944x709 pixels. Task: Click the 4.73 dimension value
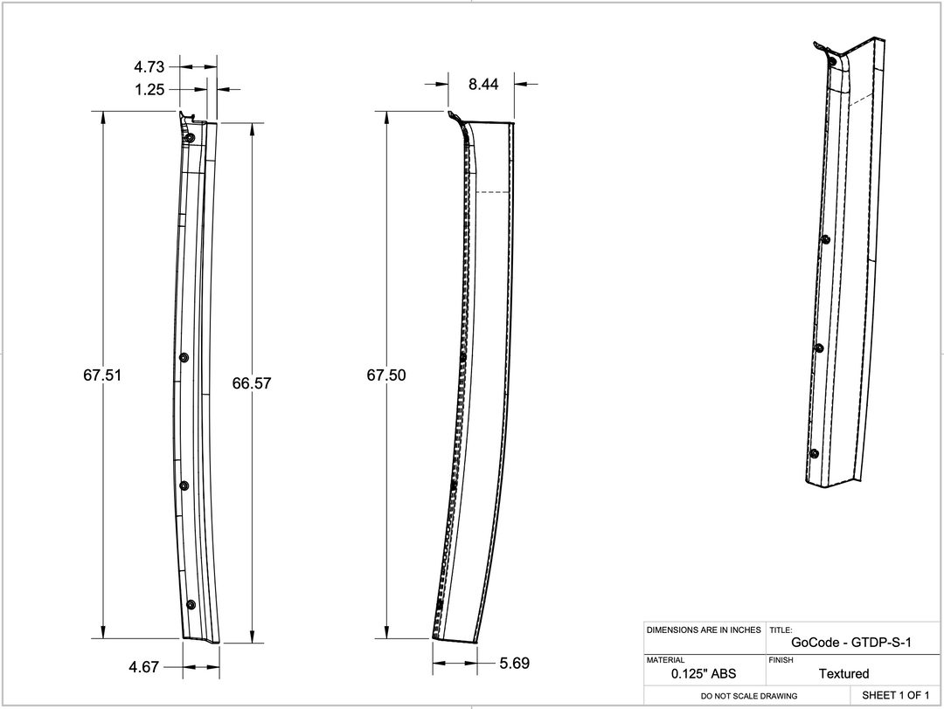(x=149, y=66)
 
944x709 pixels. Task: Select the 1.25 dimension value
(x=149, y=89)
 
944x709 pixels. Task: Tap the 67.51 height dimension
(x=102, y=375)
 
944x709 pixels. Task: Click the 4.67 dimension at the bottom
(x=144, y=667)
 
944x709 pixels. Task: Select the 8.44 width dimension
(x=483, y=85)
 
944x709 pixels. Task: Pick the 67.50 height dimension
(x=385, y=375)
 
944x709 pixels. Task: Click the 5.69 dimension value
(x=514, y=664)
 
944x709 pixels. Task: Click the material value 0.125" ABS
(x=704, y=674)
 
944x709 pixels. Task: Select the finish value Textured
(x=843, y=674)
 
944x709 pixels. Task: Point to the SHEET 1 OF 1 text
(x=895, y=695)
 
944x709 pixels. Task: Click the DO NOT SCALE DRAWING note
(x=749, y=696)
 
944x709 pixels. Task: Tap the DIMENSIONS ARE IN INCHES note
(x=704, y=630)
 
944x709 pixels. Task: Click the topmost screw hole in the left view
(x=189, y=138)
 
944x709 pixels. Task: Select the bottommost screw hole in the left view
(x=191, y=604)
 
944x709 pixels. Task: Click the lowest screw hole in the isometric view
(x=814, y=453)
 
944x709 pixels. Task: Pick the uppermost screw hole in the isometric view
(x=825, y=238)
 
